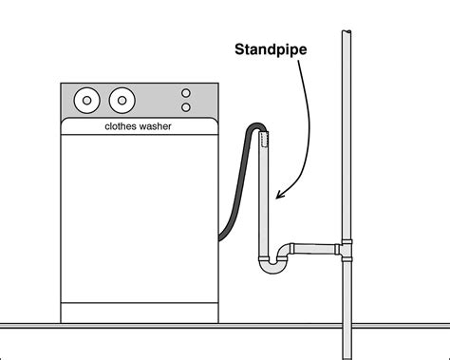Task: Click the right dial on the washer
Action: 121,99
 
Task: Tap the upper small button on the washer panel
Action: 186,94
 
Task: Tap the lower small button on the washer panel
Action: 186,108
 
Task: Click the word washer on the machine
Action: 158,125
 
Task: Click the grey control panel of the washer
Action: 142,100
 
